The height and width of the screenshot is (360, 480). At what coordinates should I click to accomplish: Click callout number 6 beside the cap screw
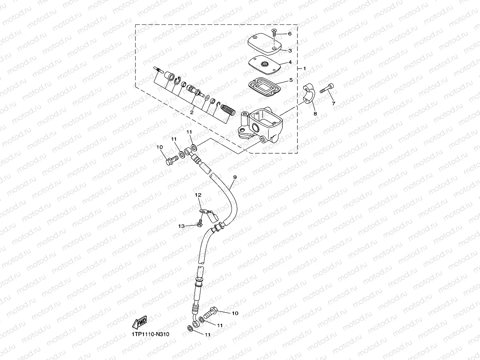289,34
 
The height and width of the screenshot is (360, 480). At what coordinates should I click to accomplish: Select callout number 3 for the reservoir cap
289,50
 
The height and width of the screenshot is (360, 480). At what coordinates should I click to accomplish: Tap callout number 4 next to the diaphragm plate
289,62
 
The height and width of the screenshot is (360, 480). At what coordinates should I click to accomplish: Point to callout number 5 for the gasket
291,80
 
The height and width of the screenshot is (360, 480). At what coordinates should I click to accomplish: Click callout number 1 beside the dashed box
304,69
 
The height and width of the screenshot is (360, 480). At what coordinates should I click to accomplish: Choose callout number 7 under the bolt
333,103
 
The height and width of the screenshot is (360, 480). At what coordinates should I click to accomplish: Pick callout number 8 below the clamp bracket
315,114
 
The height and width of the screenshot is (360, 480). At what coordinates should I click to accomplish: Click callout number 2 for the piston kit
192,112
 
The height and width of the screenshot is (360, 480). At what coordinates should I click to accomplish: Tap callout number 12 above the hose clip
198,195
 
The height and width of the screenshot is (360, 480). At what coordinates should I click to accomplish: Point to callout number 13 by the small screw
181,226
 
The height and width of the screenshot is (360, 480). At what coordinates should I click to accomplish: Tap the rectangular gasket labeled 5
266,86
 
